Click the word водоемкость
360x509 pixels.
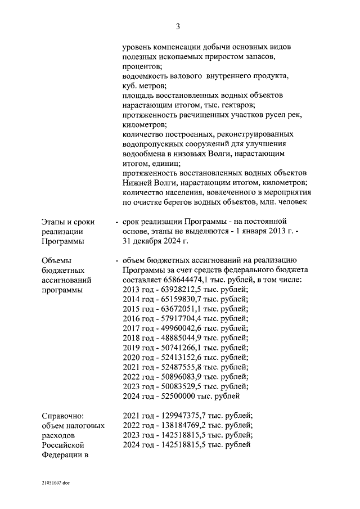[146, 75]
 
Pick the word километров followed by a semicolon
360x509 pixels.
[143, 124]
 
